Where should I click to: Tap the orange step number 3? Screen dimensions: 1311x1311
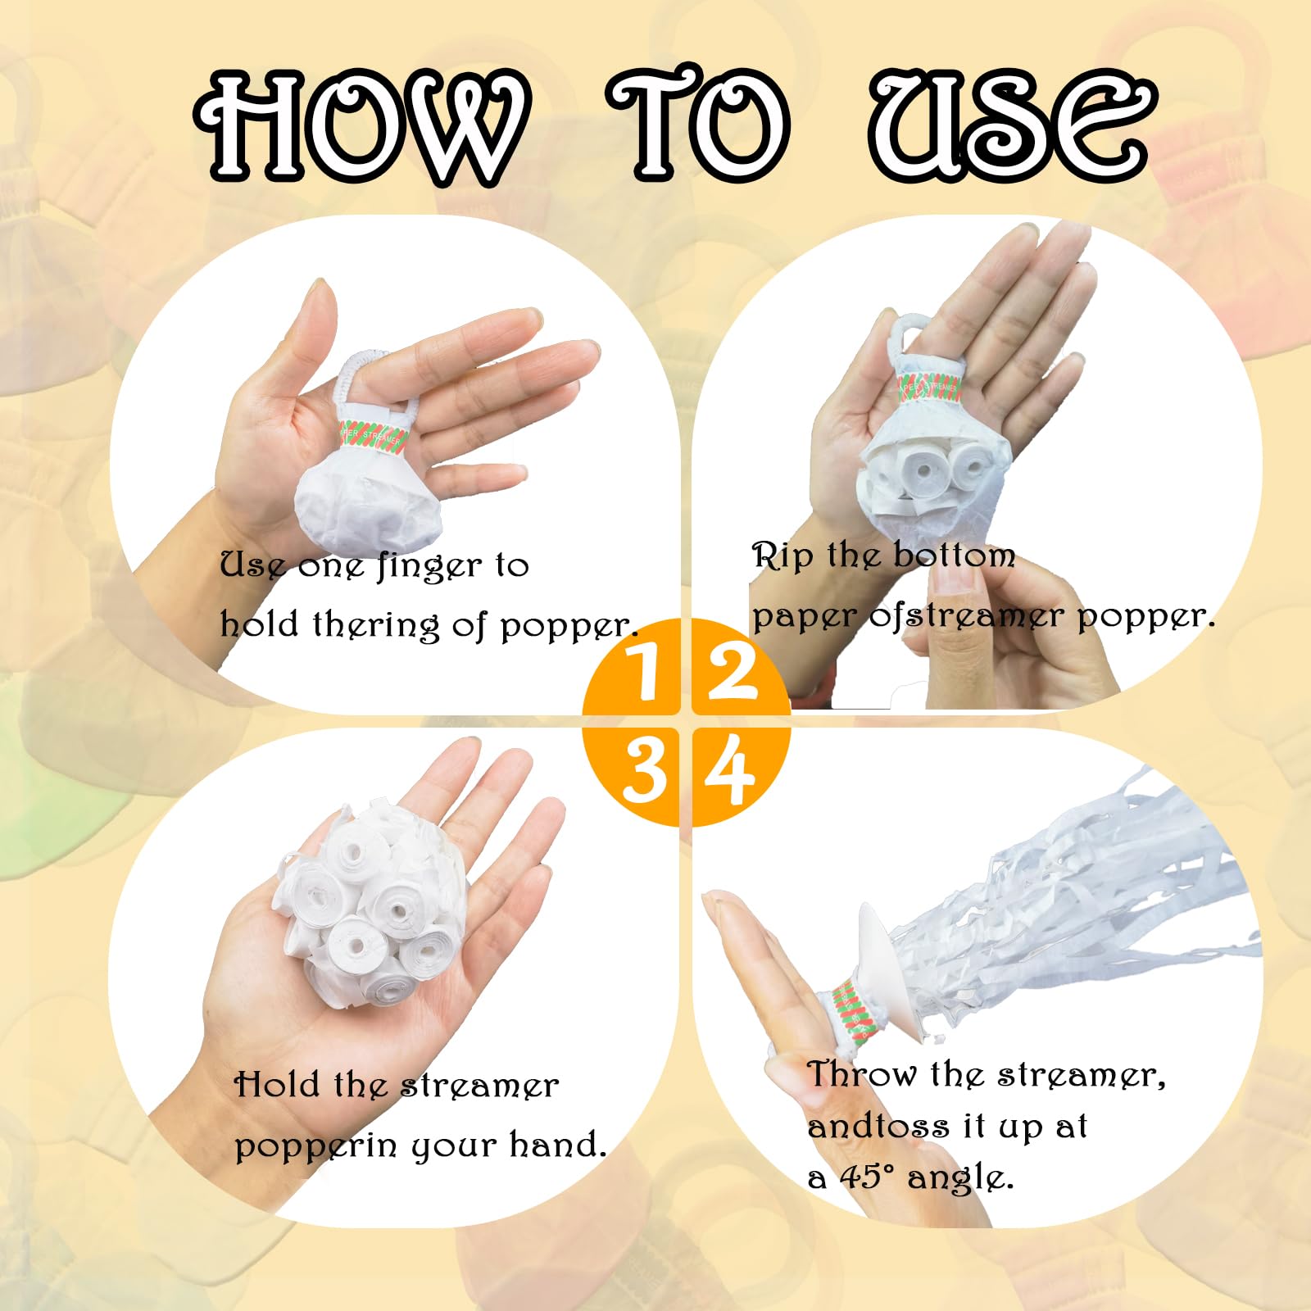coord(644,771)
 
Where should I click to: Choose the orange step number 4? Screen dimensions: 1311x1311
coord(729,770)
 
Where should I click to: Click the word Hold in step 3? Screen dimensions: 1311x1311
coord(276,1085)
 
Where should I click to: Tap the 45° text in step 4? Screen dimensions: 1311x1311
coord(866,1177)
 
